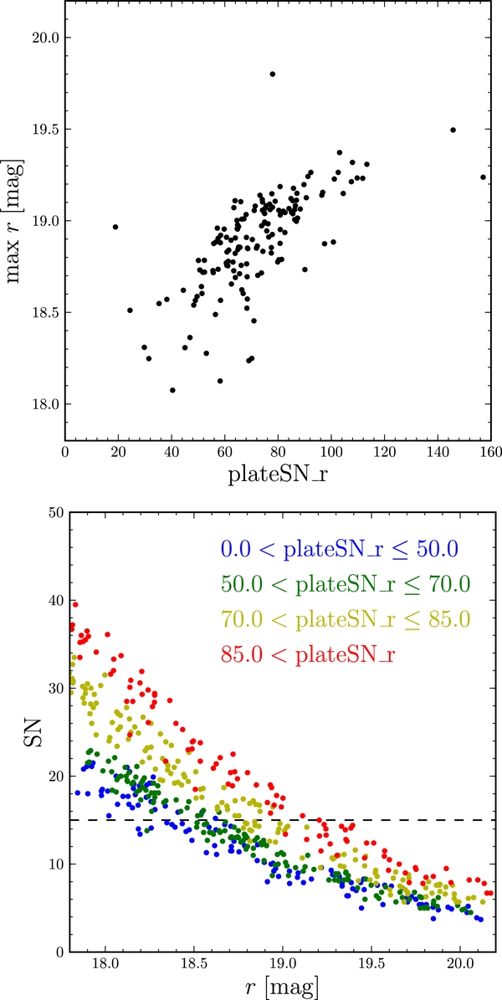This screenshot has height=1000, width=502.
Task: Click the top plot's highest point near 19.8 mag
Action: coord(273,74)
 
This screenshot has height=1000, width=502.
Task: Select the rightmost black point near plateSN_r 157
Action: coord(483,177)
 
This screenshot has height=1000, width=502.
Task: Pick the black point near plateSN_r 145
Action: coord(453,130)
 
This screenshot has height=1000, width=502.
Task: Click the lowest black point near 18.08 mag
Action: coord(172,390)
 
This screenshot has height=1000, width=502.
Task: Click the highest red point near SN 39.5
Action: coord(75,604)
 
